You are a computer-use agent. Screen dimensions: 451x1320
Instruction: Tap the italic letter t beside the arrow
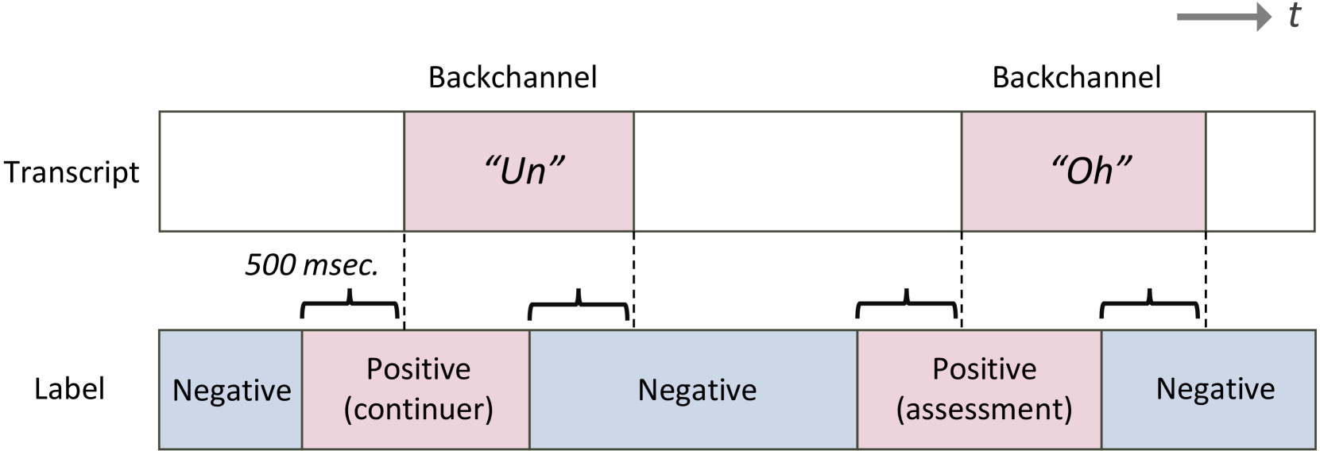[1295, 15]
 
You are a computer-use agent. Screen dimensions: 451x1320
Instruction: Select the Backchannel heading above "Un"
[512, 78]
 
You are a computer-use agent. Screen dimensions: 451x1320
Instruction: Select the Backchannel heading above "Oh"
[1076, 78]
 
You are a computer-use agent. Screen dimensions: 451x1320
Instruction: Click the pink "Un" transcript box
[519, 171]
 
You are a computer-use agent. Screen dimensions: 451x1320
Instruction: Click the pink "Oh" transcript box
[1083, 171]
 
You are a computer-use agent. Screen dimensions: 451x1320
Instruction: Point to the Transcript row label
[72, 172]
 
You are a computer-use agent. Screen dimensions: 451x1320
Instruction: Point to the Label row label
[69, 389]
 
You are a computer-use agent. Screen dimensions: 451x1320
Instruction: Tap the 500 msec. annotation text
[311, 265]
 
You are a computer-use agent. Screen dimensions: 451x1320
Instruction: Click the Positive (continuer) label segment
[416, 389]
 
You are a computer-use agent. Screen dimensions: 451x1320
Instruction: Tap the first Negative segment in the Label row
[231, 390]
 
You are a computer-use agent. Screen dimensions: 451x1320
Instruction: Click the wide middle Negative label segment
[696, 390]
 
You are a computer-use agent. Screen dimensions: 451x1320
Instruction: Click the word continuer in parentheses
[419, 410]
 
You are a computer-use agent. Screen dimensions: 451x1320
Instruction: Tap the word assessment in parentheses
[984, 410]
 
